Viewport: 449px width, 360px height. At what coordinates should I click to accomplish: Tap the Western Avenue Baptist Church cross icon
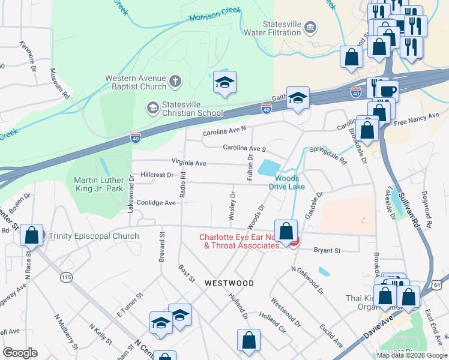pyautogui.click(x=175, y=81)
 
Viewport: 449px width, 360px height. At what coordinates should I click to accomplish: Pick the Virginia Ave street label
pyautogui.click(x=188, y=163)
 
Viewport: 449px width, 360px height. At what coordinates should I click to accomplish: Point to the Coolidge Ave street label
pyautogui.click(x=156, y=203)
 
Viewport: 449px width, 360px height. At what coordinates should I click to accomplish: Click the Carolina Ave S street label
pyautogui.click(x=244, y=148)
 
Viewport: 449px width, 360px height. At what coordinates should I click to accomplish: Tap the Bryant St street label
pyautogui.click(x=328, y=250)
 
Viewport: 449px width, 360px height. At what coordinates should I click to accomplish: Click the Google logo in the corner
pyautogui.click(x=20, y=353)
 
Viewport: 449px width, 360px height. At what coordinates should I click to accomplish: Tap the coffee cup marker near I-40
pyautogui.click(x=389, y=91)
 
